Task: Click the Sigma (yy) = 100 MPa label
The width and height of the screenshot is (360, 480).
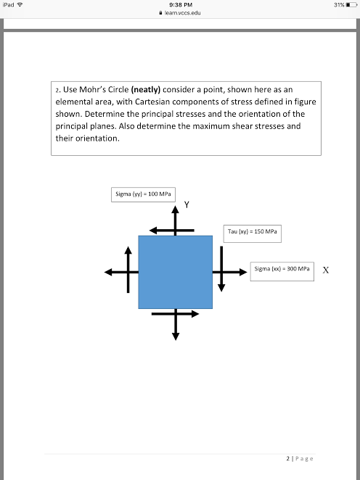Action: pyautogui.click(x=144, y=194)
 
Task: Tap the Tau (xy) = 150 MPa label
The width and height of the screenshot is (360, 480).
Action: pyautogui.click(x=253, y=232)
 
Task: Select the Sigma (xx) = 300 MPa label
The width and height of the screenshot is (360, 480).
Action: pyautogui.click(x=282, y=268)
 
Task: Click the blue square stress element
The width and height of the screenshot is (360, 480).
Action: pyautogui.click(x=175, y=271)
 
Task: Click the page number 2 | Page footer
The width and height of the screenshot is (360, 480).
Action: pyautogui.click(x=300, y=458)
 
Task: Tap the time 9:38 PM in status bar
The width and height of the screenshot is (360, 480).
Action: pyautogui.click(x=179, y=5)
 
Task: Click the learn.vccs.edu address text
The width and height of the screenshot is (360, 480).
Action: pyautogui.click(x=181, y=13)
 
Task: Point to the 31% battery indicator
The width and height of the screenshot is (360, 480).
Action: pyautogui.click(x=339, y=5)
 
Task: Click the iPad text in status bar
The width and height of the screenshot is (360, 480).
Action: pyautogui.click(x=9, y=5)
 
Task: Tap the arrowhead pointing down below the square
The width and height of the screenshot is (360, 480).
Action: pyautogui.click(x=175, y=334)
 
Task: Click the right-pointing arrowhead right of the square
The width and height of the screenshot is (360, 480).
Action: pyautogui.click(x=243, y=272)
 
